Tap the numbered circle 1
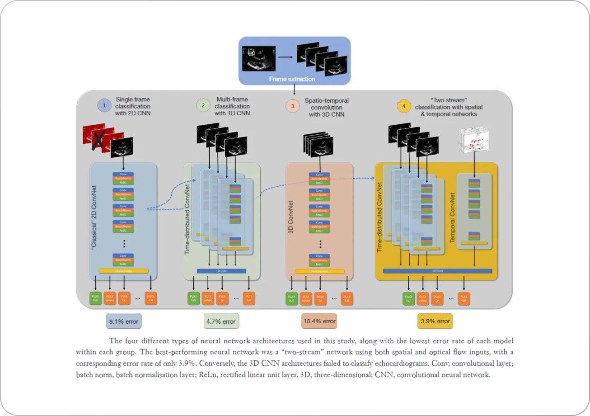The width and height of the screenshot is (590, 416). tap(104, 106)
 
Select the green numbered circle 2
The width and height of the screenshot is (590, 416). tap(203, 106)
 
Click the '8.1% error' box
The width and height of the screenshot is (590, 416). tap(123, 321)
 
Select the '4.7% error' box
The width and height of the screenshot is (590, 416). tap(221, 321)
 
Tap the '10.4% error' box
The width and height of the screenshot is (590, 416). tap(319, 321)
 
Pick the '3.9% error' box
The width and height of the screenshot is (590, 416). tap(434, 321)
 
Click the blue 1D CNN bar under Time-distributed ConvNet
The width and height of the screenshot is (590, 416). tap(221, 271)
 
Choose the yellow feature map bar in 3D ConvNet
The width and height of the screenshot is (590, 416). tap(319, 271)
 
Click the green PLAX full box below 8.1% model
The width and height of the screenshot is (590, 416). tap(96, 298)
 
